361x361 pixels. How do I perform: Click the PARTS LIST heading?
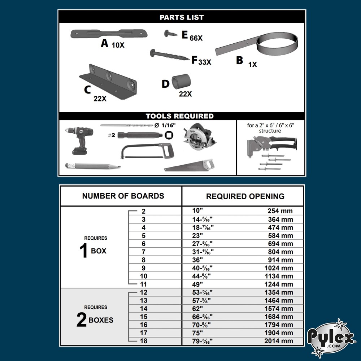pos(182,17)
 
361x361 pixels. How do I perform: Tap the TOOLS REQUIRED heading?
pos(179,116)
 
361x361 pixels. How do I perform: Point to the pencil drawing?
pos(92,166)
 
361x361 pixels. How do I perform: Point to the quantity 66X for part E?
pos(196,38)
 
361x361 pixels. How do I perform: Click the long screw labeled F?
pos(170,55)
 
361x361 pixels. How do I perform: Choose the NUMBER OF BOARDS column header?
pos(123,196)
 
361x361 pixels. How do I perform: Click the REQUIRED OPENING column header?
pos(245,197)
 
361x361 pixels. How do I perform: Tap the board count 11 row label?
pos(144,284)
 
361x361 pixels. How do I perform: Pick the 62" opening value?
pos(198,308)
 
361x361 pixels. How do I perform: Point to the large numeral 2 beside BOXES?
pos(82,320)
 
